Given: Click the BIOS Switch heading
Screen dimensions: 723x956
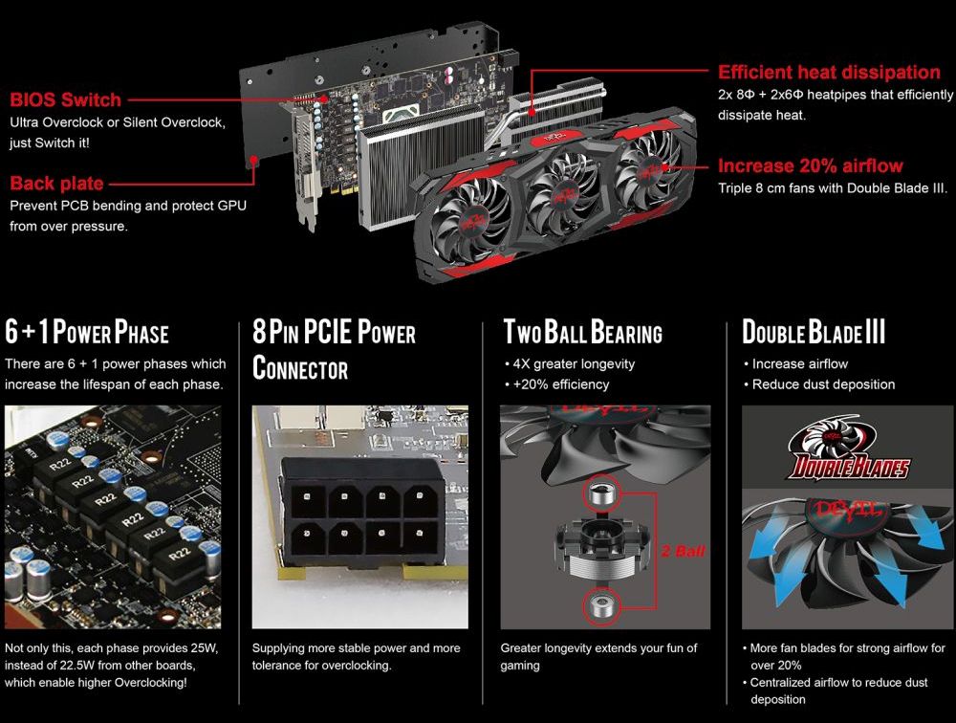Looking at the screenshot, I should (x=65, y=99).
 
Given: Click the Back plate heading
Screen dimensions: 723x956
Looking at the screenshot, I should (x=57, y=183).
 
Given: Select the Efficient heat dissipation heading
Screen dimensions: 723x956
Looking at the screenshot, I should (x=828, y=72).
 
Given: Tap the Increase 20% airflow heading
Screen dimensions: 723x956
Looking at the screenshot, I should (x=809, y=165).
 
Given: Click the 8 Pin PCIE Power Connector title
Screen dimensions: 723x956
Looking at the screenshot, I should (x=333, y=349).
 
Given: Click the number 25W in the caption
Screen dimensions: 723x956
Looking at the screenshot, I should (x=204, y=648).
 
